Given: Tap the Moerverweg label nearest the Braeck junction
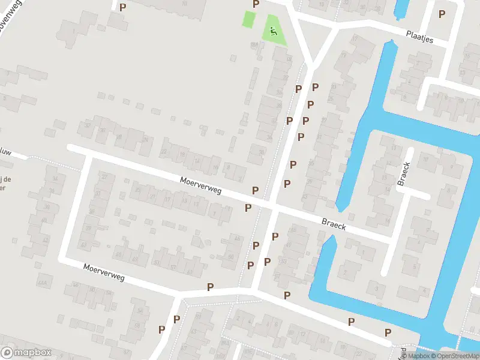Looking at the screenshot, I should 201,186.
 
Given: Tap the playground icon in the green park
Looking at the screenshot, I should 274,31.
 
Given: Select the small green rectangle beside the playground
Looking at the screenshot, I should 248,19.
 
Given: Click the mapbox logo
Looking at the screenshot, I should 26,353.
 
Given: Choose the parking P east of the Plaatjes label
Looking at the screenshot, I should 442,14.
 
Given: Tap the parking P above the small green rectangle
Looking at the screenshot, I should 256,4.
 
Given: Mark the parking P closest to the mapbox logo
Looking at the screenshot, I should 161,329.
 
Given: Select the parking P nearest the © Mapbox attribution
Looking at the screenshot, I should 388,332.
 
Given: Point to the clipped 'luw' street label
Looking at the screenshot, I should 5,152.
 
